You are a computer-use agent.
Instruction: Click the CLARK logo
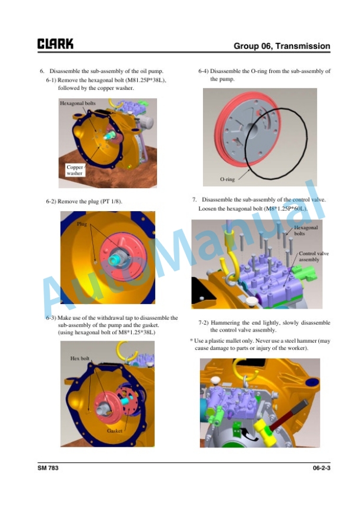pos(55,44)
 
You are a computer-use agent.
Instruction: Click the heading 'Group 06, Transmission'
pos(282,46)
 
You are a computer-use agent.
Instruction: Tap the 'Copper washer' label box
pos(75,170)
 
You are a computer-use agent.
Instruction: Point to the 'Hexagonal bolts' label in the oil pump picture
pos(78,103)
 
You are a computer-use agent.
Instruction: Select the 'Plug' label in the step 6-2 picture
pos(82,224)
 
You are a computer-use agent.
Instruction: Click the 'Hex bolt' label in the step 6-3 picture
pos(80,358)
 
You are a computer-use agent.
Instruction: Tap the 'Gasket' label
pos(115,431)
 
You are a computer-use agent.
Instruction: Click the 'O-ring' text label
pos(227,179)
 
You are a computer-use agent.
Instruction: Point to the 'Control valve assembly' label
pos(314,256)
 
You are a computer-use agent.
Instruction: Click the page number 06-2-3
pos(321,468)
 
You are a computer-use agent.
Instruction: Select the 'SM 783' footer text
pos(48,468)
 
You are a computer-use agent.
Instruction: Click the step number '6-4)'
pos(204,71)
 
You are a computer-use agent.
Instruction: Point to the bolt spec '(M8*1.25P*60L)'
pos(285,209)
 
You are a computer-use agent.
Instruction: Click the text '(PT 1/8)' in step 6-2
pos(112,202)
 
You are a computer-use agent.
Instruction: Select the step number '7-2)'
pos(204,323)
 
